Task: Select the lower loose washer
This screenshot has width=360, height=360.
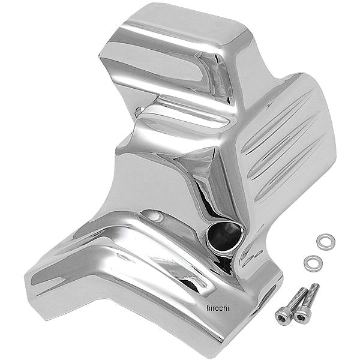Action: (x=311, y=262)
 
